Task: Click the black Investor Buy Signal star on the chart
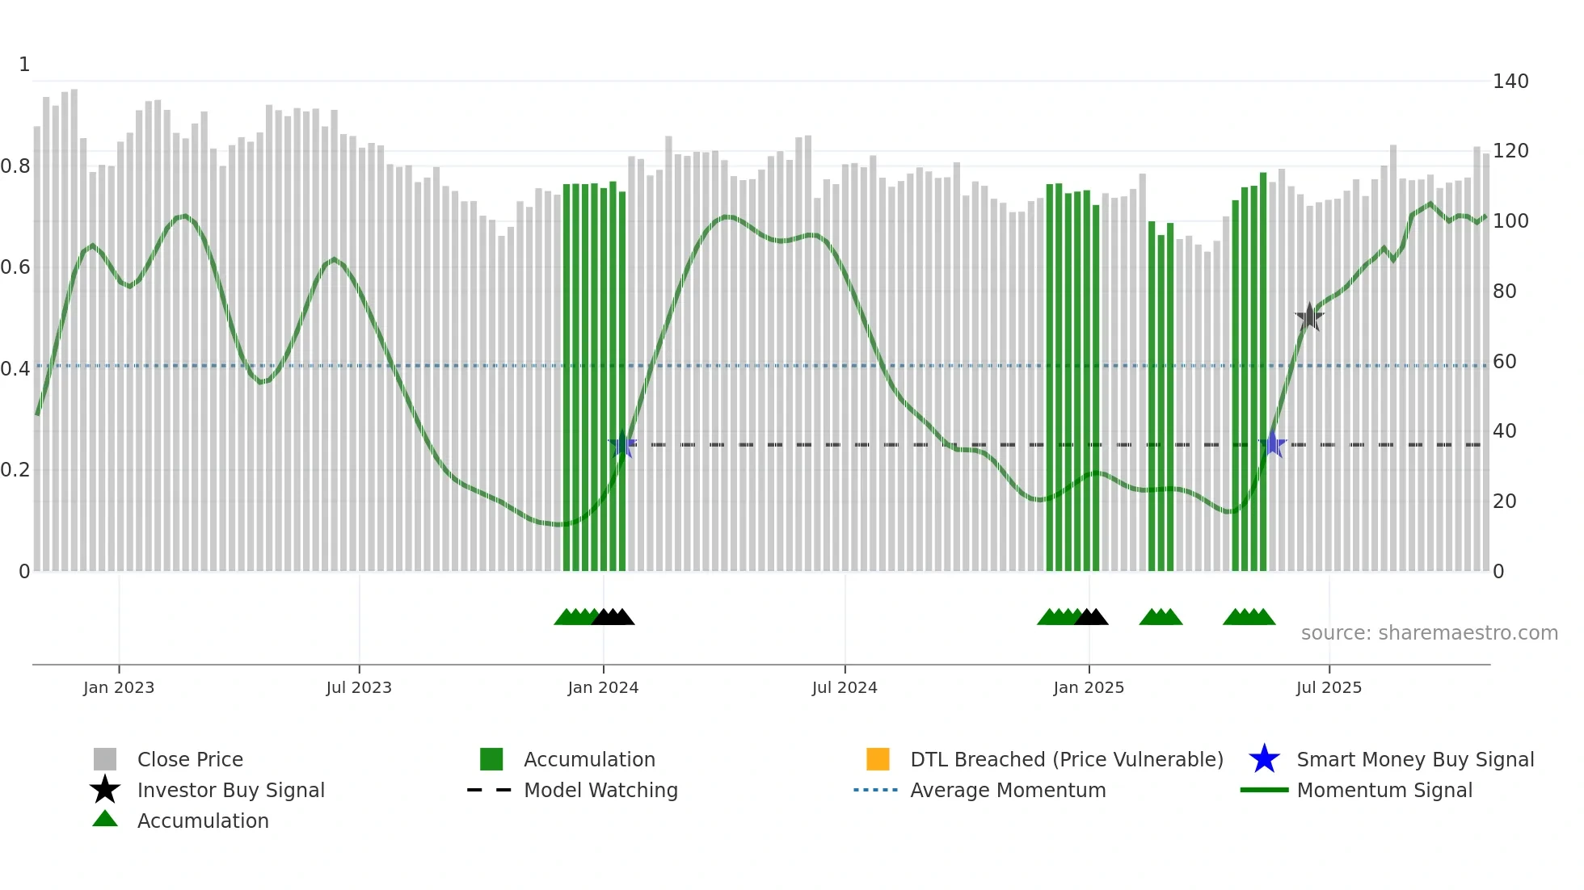click(1309, 317)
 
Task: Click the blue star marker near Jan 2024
click(622, 444)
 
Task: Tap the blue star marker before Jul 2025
click(1273, 444)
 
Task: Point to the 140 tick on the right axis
click(1510, 82)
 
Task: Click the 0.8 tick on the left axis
click(15, 166)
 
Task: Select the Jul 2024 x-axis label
click(845, 687)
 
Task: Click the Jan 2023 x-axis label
click(119, 687)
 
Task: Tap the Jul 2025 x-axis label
click(1329, 687)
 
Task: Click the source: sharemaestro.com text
click(1429, 633)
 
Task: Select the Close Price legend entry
click(190, 759)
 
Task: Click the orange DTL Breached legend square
click(878, 759)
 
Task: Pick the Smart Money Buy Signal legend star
click(1264, 759)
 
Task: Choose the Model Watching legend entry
click(600, 790)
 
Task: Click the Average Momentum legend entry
click(1008, 790)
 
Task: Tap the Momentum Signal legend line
click(1264, 790)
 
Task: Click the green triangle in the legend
click(105, 819)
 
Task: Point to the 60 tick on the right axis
click(1504, 362)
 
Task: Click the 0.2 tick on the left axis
click(15, 470)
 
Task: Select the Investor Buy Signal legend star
click(105, 790)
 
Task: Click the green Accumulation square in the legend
click(491, 759)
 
